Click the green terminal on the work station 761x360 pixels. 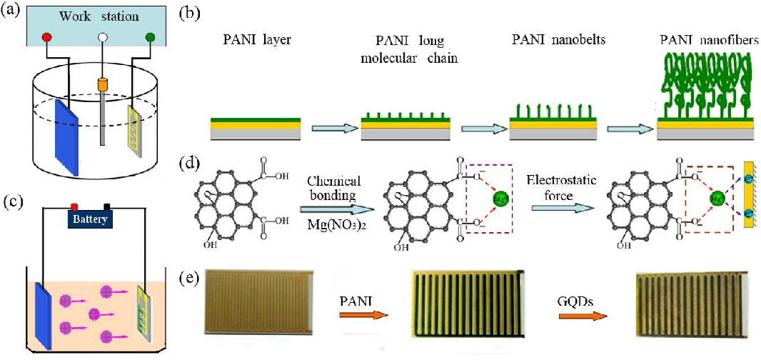click(x=150, y=36)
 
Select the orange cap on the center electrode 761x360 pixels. click(x=104, y=85)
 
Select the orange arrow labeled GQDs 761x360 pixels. click(x=575, y=309)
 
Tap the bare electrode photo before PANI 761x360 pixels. click(x=258, y=303)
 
